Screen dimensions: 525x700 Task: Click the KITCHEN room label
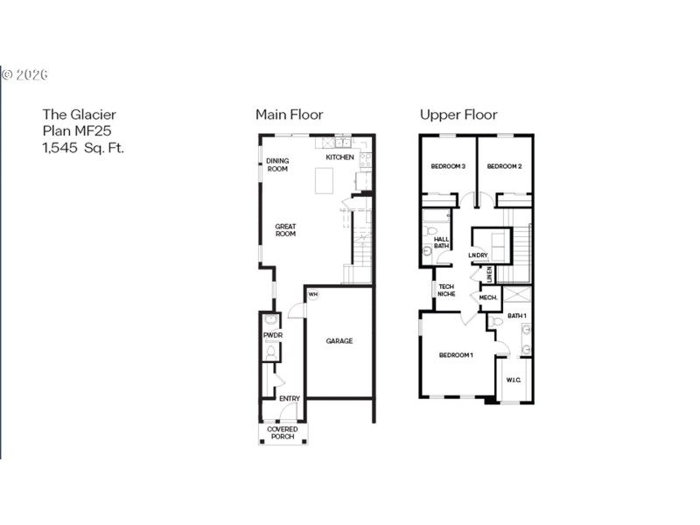pyautogui.click(x=340, y=157)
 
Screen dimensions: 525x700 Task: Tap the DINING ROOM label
pyautogui.click(x=277, y=164)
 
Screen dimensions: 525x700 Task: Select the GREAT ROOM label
pyautogui.click(x=285, y=230)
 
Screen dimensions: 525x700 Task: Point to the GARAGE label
pyautogui.click(x=339, y=341)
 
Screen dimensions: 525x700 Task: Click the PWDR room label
pyautogui.click(x=271, y=335)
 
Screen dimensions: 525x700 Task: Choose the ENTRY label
pyautogui.click(x=290, y=399)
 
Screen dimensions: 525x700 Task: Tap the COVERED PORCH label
pyautogui.click(x=283, y=432)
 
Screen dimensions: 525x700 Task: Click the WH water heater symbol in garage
pyautogui.click(x=312, y=295)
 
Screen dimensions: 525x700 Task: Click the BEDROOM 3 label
pyautogui.click(x=448, y=166)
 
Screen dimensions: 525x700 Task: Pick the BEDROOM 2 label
pyautogui.click(x=504, y=166)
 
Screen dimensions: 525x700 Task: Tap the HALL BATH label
pyautogui.click(x=442, y=242)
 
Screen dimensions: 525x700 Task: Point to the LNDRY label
pyautogui.click(x=478, y=255)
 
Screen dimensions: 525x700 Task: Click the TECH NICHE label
pyautogui.click(x=446, y=290)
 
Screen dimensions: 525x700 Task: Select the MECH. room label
pyautogui.click(x=488, y=298)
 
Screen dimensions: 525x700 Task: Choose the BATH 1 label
pyautogui.click(x=517, y=315)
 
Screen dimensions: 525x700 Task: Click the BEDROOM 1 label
pyautogui.click(x=456, y=354)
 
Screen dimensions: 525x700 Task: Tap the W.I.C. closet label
pyautogui.click(x=514, y=380)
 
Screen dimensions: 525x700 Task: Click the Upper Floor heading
pyautogui.click(x=458, y=115)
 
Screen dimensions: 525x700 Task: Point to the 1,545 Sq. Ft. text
pyautogui.click(x=84, y=148)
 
